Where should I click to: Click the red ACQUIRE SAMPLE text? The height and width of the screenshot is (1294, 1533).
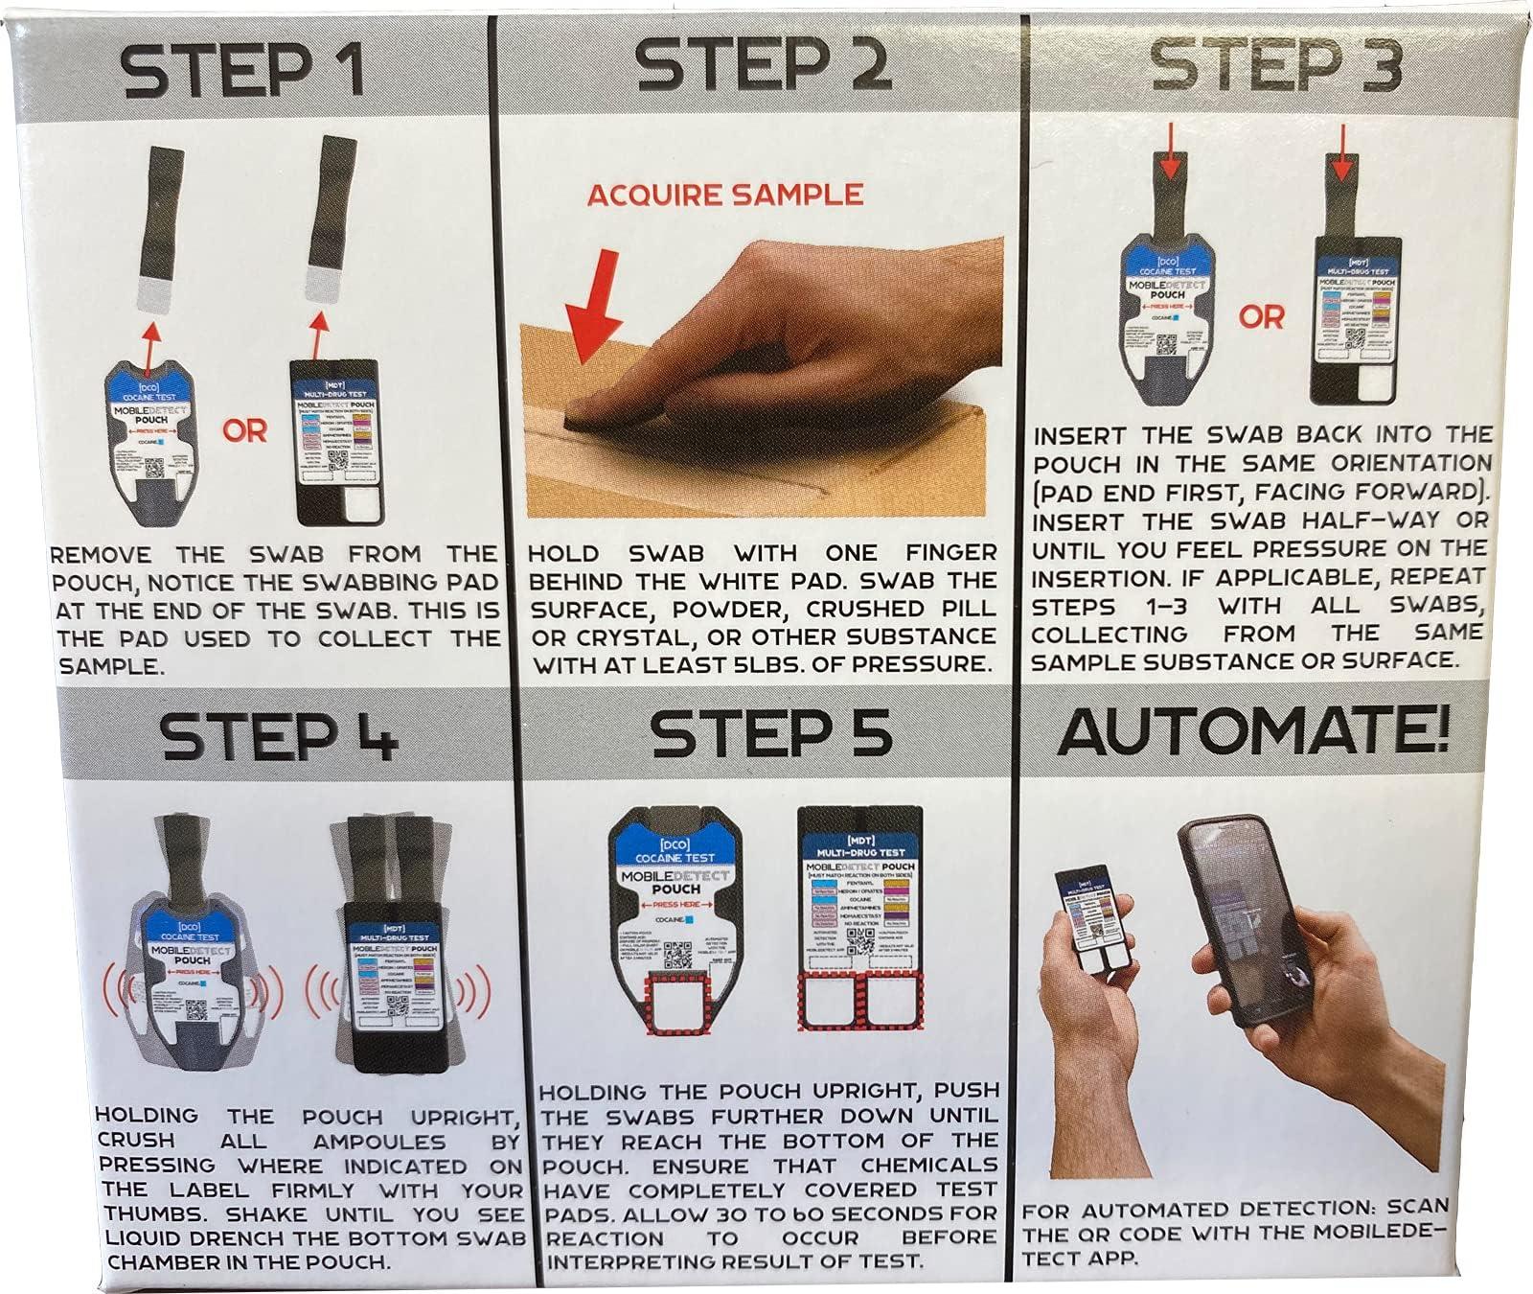[724, 195]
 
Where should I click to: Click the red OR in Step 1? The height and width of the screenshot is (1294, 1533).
[244, 431]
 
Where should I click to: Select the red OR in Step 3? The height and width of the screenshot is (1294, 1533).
[1260, 315]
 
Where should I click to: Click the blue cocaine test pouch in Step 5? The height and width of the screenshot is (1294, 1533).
[676, 920]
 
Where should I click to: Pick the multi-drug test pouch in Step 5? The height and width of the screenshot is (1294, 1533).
[859, 920]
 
